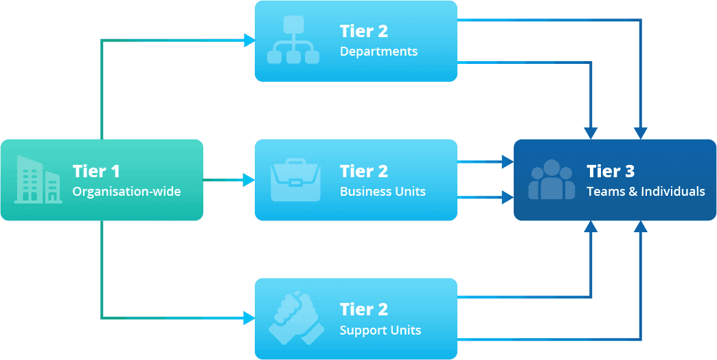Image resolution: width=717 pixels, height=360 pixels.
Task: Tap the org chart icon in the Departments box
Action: pyautogui.click(x=293, y=41)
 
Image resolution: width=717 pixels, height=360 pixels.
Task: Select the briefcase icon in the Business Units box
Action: pyautogui.click(x=295, y=179)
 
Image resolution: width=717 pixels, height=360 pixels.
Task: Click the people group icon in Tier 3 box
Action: pyautogui.click(x=551, y=179)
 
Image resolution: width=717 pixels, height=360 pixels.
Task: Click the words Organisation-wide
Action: pyautogui.click(x=127, y=192)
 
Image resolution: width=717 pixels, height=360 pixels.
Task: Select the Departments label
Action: pyautogui.click(x=378, y=52)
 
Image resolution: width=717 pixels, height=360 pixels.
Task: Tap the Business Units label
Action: pyautogui.click(x=383, y=192)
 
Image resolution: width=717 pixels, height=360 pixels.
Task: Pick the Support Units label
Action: pyautogui.click(x=380, y=330)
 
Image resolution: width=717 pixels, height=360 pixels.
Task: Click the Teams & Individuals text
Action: pyautogui.click(x=646, y=192)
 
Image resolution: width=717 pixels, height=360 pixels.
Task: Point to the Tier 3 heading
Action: pyautogui.click(x=610, y=171)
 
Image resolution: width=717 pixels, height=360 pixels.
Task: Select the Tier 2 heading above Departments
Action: pyautogui.click(x=363, y=31)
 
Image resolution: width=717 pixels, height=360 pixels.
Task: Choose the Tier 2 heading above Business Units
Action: pyautogui.click(x=363, y=171)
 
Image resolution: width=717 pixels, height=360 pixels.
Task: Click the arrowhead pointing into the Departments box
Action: pyautogui.click(x=249, y=41)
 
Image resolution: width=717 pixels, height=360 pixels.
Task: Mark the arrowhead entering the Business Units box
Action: pyautogui.click(x=249, y=180)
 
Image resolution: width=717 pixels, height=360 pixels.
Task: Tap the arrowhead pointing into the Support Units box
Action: pyautogui.click(x=249, y=318)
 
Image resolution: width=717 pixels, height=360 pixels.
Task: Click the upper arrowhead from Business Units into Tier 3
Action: pyautogui.click(x=508, y=161)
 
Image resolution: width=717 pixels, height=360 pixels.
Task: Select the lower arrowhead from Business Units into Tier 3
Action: pyautogui.click(x=508, y=197)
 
